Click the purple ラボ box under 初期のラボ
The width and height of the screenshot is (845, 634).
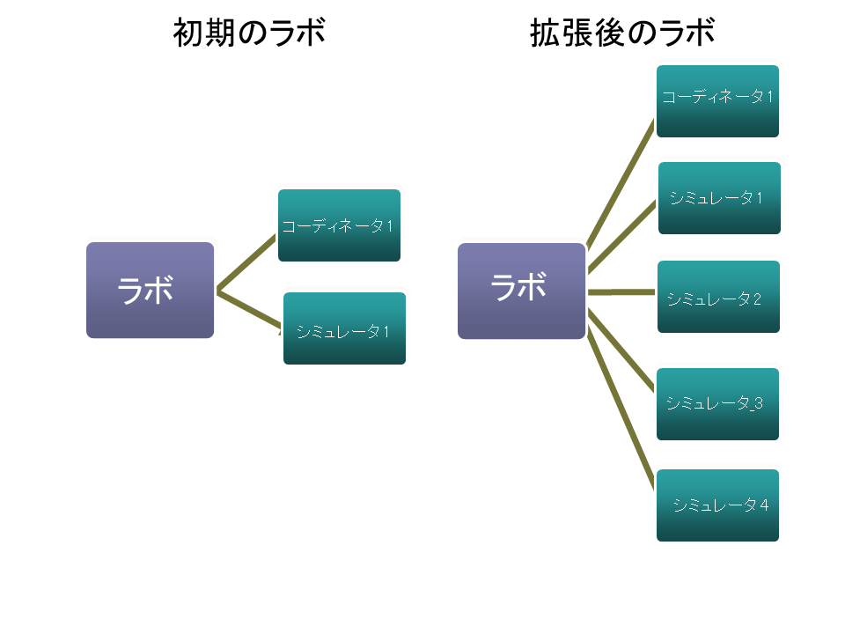tap(150, 290)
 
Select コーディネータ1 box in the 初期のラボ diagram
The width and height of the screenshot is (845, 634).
tap(339, 225)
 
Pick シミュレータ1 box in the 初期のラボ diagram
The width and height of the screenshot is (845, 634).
tap(344, 328)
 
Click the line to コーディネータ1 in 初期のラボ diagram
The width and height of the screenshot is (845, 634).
tap(247, 263)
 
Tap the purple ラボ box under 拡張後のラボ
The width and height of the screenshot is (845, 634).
tap(521, 291)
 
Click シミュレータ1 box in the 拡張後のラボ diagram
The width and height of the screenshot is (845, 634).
tap(719, 198)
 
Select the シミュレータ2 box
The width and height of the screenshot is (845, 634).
tap(718, 297)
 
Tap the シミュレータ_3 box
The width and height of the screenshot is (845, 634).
tap(717, 404)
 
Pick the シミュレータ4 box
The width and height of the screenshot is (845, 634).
tap(717, 505)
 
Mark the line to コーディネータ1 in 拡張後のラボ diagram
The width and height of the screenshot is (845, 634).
tap(621, 185)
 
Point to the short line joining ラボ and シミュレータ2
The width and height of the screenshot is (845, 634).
tap(621, 291)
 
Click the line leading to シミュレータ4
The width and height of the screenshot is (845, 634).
tap(621, 396)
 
